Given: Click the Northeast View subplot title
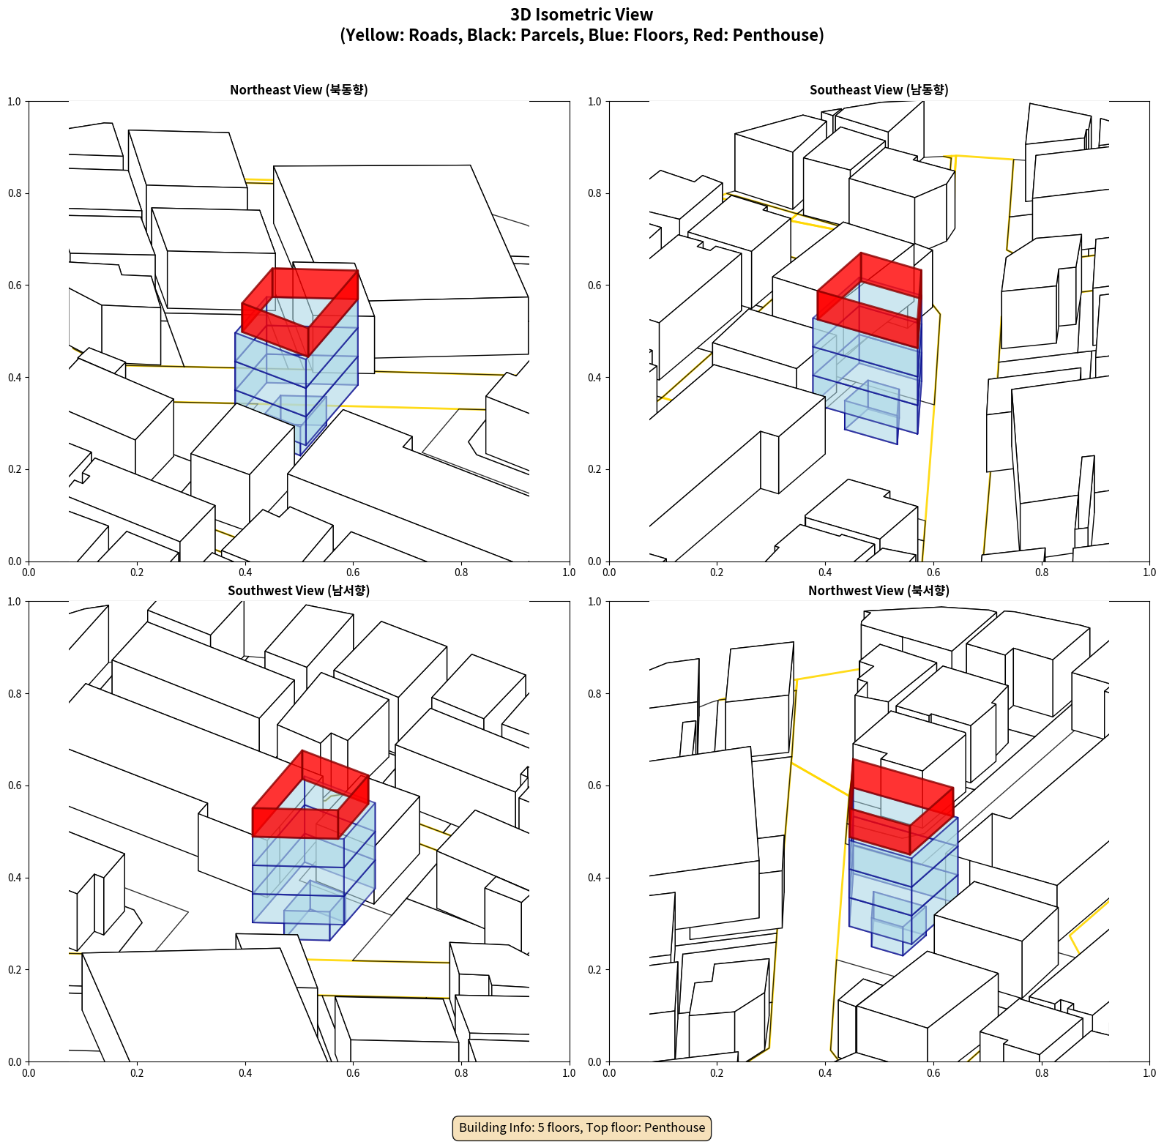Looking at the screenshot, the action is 299,90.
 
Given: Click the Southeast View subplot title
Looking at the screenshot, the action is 878,90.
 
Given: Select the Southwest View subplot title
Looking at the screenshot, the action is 299,591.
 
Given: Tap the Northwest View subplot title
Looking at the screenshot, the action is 878,591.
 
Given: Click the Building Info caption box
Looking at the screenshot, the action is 582,1127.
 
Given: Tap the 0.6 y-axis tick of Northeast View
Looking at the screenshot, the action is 15,285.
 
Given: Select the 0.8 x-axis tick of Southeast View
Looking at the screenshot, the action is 1042,572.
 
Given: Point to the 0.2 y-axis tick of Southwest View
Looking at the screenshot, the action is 15,970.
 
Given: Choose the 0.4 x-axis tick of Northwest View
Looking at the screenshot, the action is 825,1073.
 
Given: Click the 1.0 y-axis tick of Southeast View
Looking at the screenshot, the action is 595,102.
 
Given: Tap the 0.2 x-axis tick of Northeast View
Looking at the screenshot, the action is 137,572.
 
